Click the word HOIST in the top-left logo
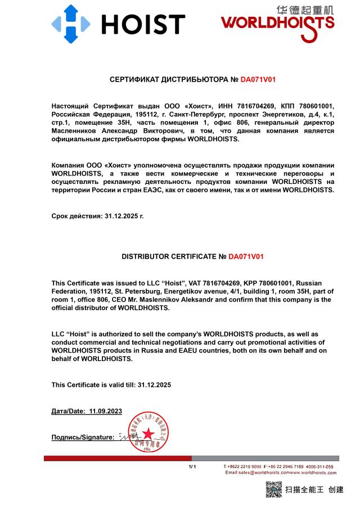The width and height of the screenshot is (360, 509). [x=143, y=25]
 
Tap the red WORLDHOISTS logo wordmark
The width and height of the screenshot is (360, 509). [x=277, y=22]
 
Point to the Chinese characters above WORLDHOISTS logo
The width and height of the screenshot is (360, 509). [x=305, y=10]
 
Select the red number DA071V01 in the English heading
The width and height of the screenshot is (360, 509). [x=246, y=256]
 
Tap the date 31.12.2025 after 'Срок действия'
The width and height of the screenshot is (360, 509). [x=124, y=215]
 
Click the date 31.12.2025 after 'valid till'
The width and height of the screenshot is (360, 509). [x=153, y=385]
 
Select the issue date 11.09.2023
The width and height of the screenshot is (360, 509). [x=105, y=411]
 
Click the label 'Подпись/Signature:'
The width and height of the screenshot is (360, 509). [x=83, y=437]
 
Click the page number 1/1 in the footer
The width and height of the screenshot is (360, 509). [x=192, y=467]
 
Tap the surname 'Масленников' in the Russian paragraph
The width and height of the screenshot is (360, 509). [x=77, y=130]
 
